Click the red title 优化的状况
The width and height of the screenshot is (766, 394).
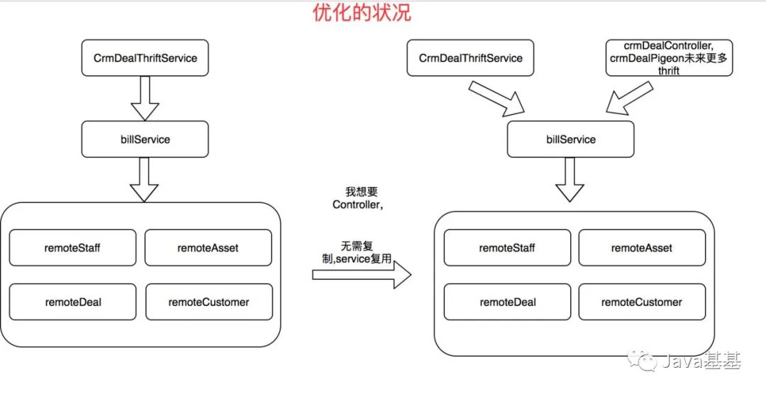362,13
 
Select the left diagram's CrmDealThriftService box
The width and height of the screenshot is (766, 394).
145,59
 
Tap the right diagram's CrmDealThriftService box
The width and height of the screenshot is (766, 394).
470,59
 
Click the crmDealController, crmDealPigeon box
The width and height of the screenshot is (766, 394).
669,58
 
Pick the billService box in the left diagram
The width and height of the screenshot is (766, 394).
145,140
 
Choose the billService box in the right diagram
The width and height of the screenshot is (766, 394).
570,140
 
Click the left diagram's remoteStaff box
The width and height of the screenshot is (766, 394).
73,248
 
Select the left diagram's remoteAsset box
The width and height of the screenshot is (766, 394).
208,248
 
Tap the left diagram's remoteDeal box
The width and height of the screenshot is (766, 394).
73,302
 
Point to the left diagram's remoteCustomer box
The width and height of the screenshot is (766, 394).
209,302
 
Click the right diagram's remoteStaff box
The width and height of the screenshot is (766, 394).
507,248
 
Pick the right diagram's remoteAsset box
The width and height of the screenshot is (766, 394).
642,248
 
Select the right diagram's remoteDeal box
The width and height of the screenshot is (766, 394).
507,302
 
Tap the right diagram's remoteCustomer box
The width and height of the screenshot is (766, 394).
642,302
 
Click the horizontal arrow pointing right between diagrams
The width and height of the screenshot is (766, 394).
362,275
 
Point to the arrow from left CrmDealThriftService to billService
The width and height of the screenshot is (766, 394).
145,98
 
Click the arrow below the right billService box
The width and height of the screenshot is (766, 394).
570,180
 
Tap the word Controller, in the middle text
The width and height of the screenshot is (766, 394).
357,205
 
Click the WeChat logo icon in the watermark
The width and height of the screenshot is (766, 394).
642,361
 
